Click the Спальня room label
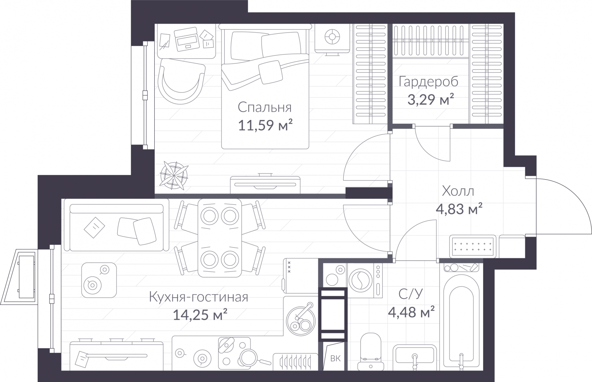pos(265,107)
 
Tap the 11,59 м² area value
pos(265,125)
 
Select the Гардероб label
pos(429,82)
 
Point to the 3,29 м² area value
pos(431,100)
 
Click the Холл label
pos(458,191)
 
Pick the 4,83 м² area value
pos(459,209)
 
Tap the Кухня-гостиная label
pos(199,297)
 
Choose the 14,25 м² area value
pos(200,315)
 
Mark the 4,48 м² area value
pos(411,312)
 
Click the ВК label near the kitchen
pos(335,359)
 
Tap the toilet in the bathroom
pos(370,352)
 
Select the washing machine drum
pos(360,280)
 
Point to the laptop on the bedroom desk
pos(186,39)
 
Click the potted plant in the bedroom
pos(174,175)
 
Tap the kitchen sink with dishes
pos(301,320)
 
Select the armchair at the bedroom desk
pos(181,81)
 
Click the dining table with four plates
pos(220,238)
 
